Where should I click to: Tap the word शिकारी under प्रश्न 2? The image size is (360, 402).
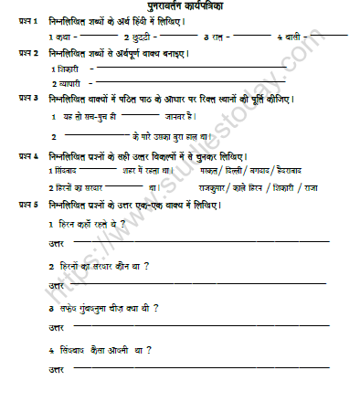click(69, 69)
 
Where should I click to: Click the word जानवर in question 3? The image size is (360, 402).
click(177, 116)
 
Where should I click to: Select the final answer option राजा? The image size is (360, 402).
click(337, 186)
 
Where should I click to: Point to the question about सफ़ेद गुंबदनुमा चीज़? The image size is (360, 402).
click(106, 311)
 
